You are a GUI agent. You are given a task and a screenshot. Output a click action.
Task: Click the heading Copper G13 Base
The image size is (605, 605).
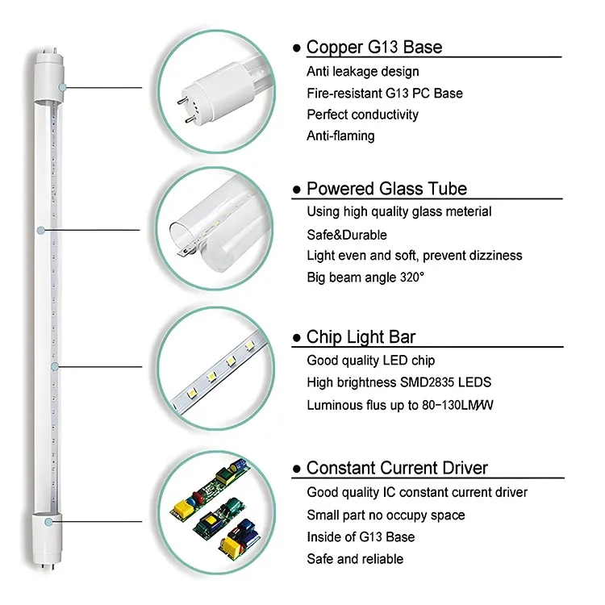374,47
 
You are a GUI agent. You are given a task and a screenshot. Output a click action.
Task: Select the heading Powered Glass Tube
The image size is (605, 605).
386,189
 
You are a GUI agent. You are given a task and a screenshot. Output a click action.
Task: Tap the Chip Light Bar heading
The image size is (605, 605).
361,337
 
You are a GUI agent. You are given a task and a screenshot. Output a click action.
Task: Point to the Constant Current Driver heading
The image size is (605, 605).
397,468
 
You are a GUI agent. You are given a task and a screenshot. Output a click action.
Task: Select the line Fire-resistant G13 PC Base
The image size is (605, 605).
385,93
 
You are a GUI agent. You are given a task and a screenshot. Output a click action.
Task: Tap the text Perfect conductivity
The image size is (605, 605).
362,115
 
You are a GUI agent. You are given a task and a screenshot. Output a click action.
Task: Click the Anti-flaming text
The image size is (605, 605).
340,136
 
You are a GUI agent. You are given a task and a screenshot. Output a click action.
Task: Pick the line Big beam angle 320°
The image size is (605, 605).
365,277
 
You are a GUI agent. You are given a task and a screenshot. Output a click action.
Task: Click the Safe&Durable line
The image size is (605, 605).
347,234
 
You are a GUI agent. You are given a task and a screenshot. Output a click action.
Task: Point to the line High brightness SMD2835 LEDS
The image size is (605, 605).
398,382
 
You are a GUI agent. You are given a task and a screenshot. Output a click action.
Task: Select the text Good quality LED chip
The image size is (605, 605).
371,361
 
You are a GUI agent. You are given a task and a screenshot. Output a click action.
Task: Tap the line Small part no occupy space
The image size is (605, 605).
386,515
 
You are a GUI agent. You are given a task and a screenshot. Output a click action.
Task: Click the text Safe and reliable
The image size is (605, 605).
355,558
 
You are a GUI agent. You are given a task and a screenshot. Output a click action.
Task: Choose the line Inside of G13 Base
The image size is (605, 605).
361,536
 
